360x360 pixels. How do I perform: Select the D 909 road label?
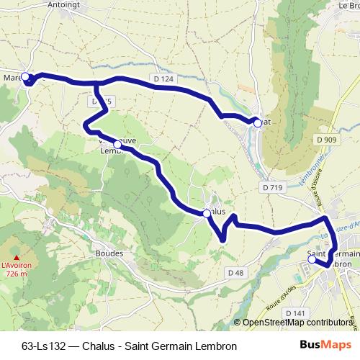(x=326, y=139)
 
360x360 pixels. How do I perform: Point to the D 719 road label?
(x=272, y=187)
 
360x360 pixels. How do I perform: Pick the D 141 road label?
(x=296, y=313)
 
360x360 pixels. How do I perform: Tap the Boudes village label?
(x=109, y=253)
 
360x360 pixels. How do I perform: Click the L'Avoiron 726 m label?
(x=19, y=269)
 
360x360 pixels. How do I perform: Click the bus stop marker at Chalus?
(x=206, y=213)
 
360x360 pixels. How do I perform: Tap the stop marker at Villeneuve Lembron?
(x=117, y=145)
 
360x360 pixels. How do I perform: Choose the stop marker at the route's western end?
(x=25, y=76)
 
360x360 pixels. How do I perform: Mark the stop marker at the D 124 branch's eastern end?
(x=257, y=123)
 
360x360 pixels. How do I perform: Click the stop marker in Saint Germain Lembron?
(x=312, y=260)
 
